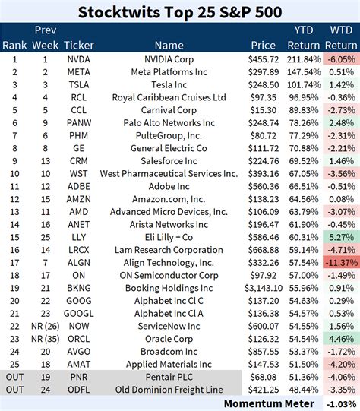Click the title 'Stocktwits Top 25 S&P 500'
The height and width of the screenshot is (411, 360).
coord(180,11)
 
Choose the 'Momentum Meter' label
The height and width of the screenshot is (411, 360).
coord(264,403)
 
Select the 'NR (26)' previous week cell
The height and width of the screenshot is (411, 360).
coord(46,326)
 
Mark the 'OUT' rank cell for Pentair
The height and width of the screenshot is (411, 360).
coord(14,377)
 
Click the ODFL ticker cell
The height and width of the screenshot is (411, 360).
coord(79,390)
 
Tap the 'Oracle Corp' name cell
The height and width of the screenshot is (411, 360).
coord(169,339)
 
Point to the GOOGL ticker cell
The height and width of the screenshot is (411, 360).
coord(79,313)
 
